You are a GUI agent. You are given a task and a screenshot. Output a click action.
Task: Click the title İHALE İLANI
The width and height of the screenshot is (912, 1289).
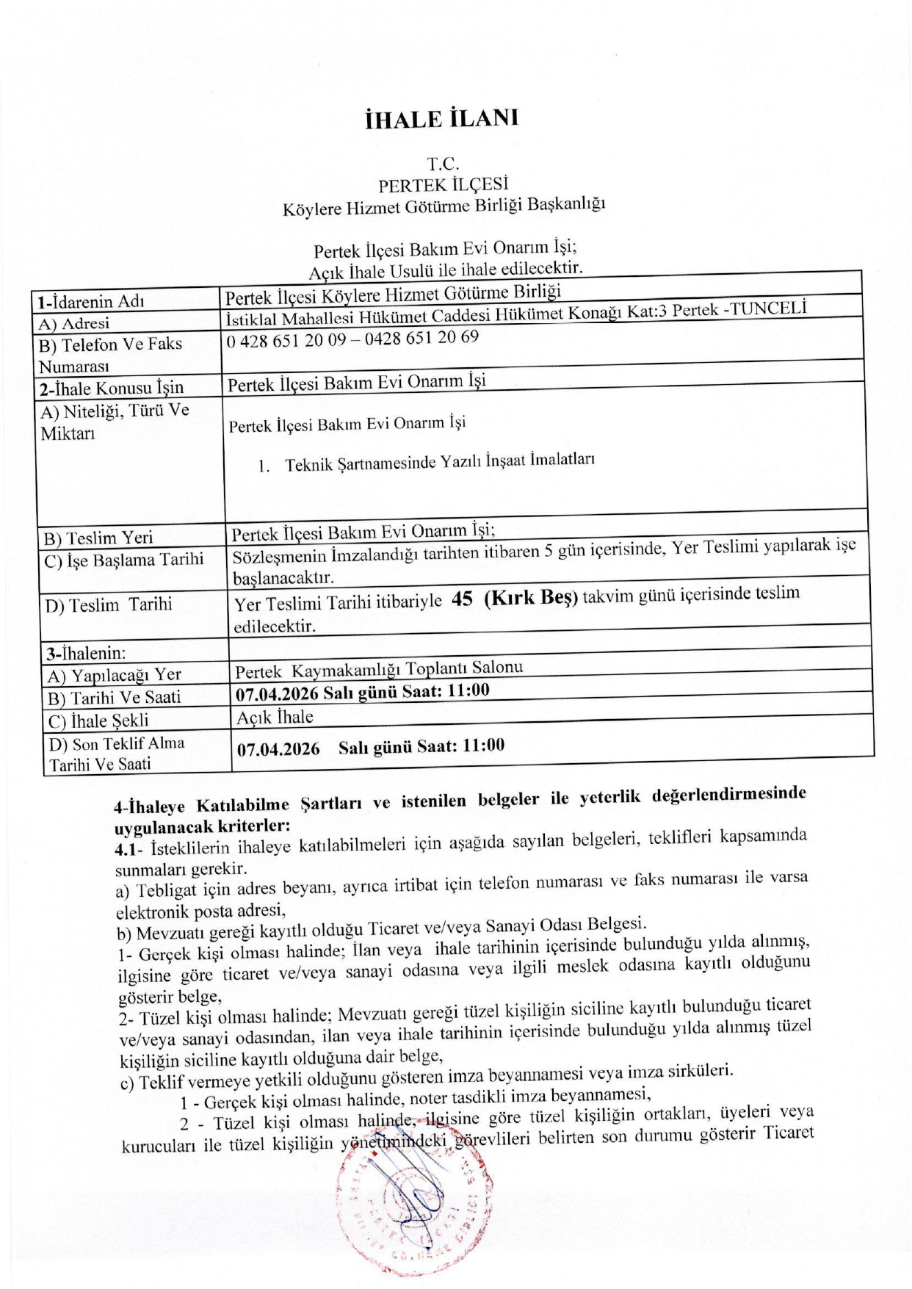tap(441, 119)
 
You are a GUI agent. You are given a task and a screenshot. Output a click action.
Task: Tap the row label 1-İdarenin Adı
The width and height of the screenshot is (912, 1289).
tap(91, 301)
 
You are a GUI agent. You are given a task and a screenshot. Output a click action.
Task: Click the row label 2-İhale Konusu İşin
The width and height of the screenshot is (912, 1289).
tap(111, 388)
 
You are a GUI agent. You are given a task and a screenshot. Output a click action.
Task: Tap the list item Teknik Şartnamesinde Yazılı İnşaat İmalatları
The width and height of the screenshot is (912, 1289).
tap(439, 463)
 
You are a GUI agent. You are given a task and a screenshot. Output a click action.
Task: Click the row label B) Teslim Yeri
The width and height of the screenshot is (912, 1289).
tap(98, 538)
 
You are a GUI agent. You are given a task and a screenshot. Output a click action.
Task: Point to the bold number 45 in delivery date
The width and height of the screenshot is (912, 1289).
tap(462, 599)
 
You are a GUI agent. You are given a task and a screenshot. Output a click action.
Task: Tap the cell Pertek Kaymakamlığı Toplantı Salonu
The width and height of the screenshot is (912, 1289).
tap(379, 669)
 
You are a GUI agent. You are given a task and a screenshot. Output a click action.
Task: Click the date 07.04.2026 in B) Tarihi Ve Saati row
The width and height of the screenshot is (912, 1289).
tap(277, 694)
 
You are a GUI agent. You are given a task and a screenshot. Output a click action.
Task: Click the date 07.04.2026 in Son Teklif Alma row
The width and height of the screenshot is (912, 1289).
tap(278, 749)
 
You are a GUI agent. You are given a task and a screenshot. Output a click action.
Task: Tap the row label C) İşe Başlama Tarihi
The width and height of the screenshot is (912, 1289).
tap(123, 560)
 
